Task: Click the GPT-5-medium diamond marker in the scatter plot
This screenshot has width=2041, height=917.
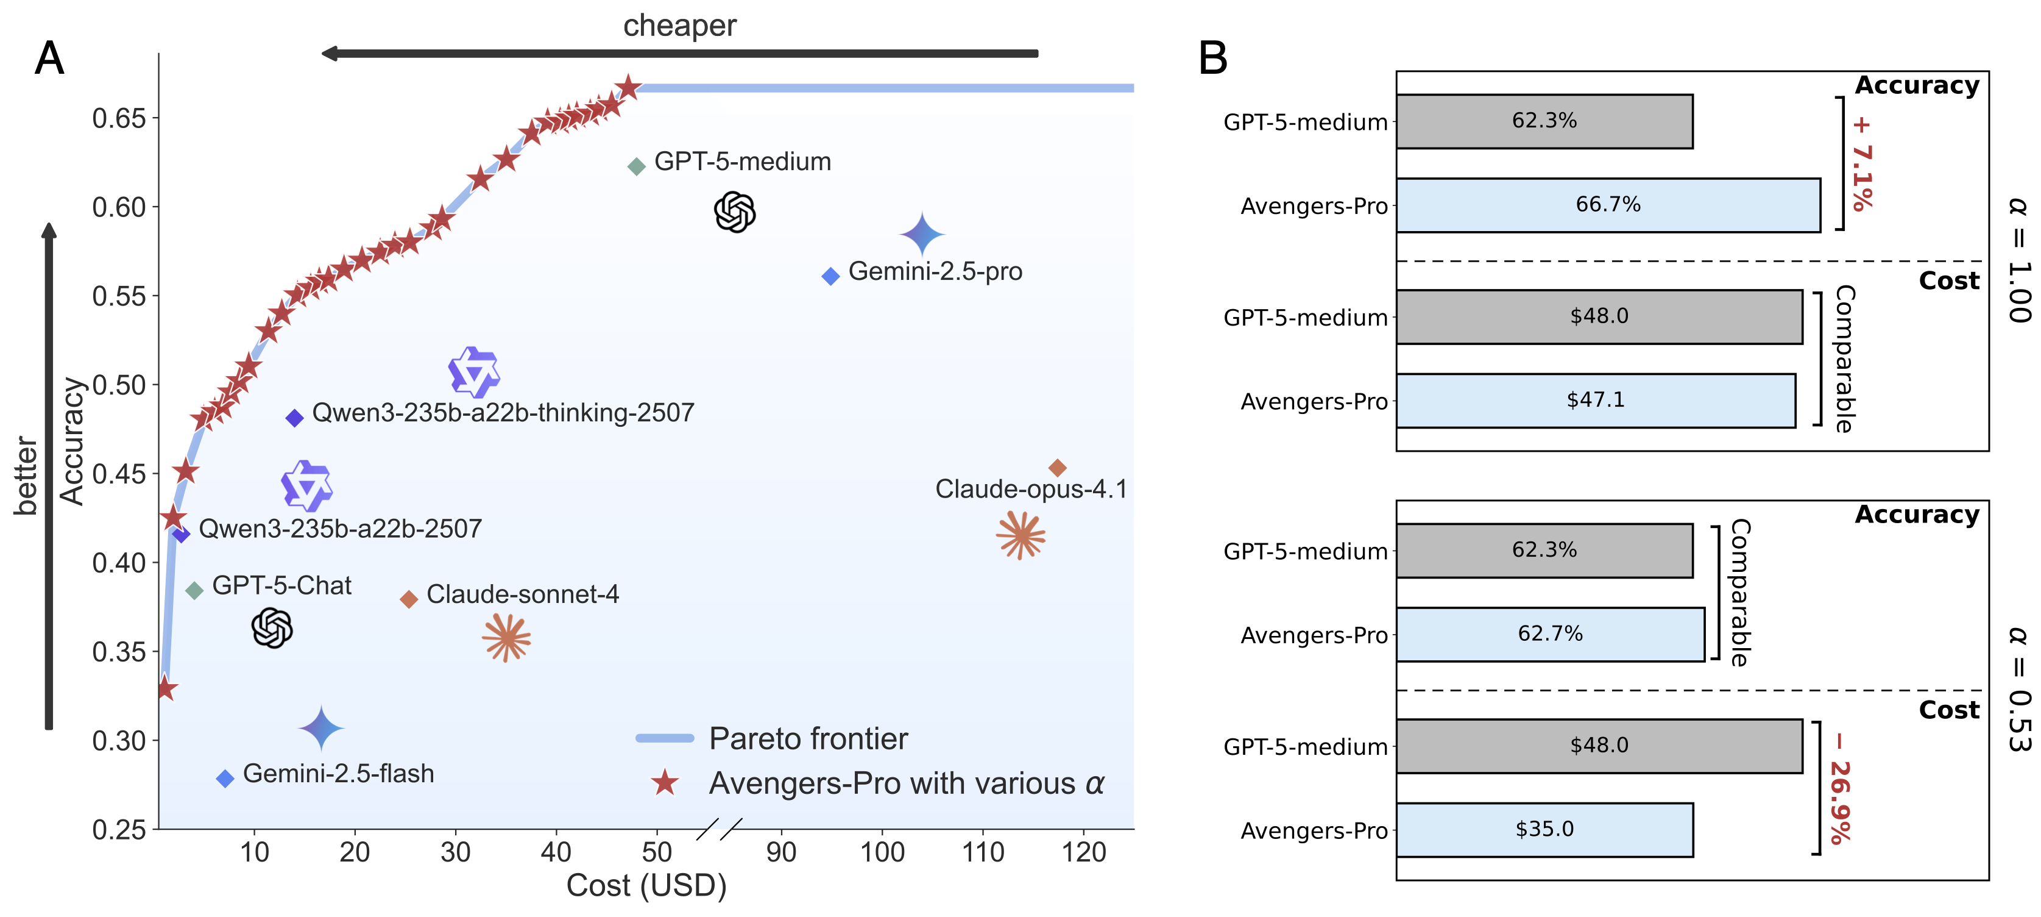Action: point(636,166)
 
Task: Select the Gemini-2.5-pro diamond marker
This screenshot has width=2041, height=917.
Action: point(830,276)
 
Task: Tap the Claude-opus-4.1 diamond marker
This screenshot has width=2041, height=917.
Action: point(1057,468)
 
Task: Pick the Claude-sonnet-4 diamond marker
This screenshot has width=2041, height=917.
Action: point(409,599)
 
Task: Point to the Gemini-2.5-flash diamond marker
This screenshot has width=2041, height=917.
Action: point(225,779)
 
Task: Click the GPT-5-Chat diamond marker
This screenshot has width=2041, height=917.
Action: point(194,590)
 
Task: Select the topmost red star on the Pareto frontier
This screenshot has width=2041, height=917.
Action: point(628,87)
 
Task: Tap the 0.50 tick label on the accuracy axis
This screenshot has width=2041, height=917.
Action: point(119,385)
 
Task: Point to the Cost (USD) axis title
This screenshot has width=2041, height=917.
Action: point(646,885)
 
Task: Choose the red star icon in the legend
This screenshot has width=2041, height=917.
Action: point(665,782)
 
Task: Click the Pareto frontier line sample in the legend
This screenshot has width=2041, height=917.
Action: point(665,738)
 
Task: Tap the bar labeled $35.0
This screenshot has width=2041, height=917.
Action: point(1545,830)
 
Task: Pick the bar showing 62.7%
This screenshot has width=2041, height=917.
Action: point(1551,634)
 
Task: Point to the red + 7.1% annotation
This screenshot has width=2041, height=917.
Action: point(1862,164)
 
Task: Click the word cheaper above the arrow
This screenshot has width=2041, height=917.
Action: point(680,26)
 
